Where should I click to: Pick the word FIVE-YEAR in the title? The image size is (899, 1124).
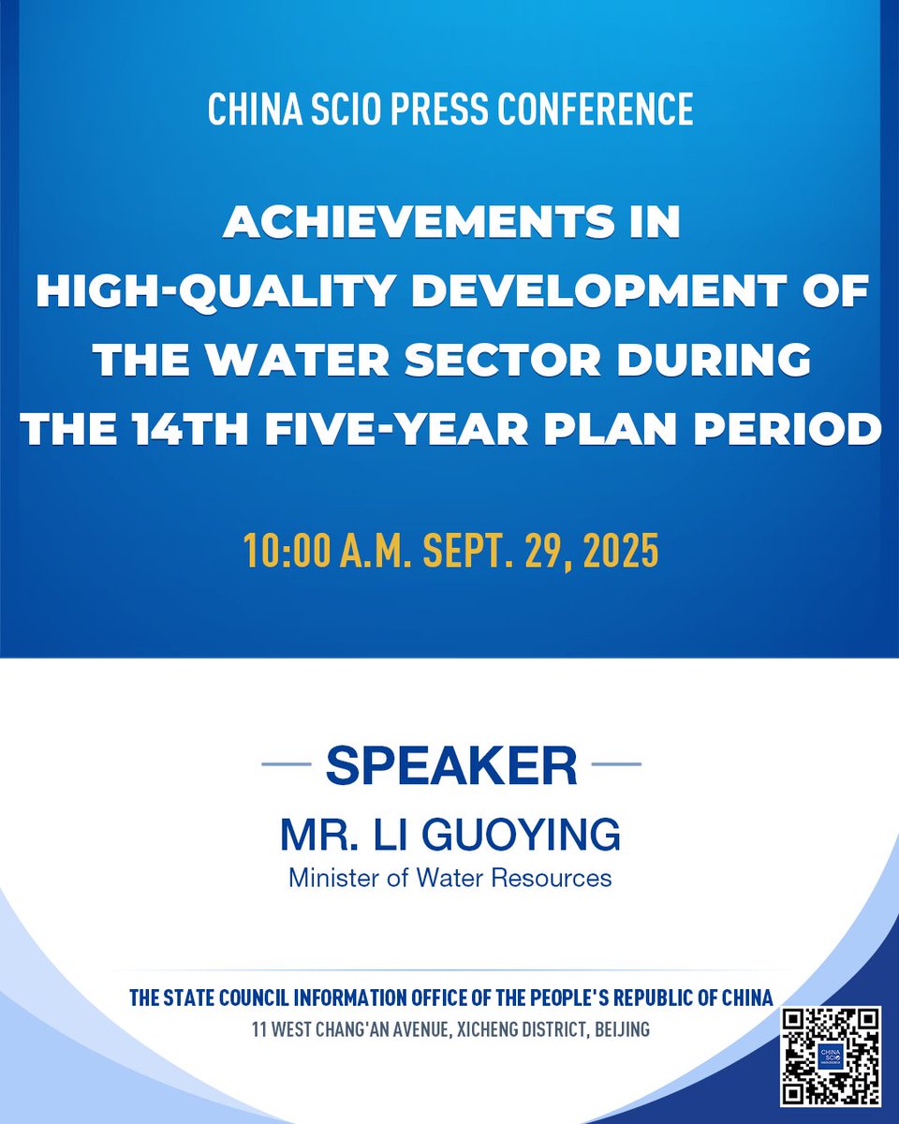pyautogui.click(x=395, y=429)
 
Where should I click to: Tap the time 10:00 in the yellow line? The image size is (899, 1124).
pyautogui.click(x=287, y=551)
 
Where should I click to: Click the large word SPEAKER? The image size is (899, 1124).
pyautogui.click(x=451, y=765)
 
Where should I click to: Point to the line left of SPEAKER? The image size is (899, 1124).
pyautogui.click(x=287, y=764)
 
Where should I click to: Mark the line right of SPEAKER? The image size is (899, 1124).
pyautogui.click(x=616, y=764)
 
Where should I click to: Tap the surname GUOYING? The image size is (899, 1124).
pyautogui.click(x=521, y=835)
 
